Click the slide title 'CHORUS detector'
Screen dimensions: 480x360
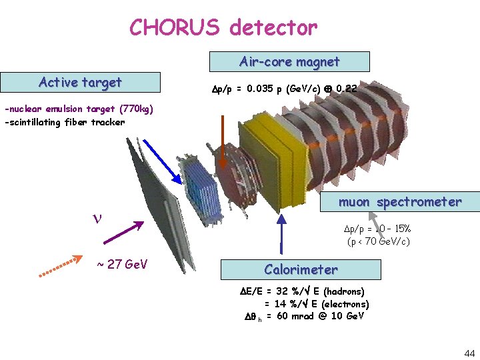(x=223, y=27)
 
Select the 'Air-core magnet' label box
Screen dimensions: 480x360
(x=289, y=62)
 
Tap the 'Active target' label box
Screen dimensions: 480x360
(x=80, y=82)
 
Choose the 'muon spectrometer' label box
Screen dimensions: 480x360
(x=399, y=201)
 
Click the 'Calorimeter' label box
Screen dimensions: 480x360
(x=301, y=269)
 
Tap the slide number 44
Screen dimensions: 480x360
(x=469, y=353)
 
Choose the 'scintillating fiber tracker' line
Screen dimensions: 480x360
(x=65, y=122)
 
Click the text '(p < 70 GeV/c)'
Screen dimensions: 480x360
(x=378, y=241)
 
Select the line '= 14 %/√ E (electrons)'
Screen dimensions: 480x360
(x=317, y=303)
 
